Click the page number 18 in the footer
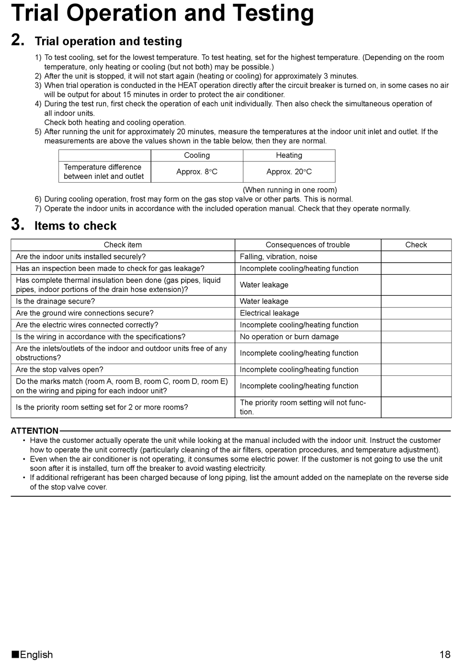(444, 654)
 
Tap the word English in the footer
(36, 654)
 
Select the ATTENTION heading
(34, 430)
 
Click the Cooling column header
(197, 155)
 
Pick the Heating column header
(289, 155)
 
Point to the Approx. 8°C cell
(197, 172)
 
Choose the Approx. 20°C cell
(289, 172)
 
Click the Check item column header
(123, 244)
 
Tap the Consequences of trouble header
(307, 244)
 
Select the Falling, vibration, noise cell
(278, 256)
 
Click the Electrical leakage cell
(269, 313)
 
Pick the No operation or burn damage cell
(289, 337)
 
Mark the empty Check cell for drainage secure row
(416, 301)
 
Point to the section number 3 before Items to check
(18, 225)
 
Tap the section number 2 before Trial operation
(18, 40)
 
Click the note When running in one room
(289, 190)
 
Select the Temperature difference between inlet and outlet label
(103, 172)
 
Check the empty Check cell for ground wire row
(416, 313)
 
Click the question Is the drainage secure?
(55, 301)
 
